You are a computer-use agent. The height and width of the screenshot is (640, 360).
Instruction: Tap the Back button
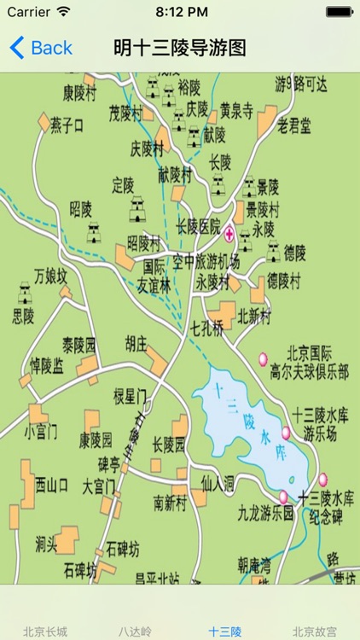tap(41, 48)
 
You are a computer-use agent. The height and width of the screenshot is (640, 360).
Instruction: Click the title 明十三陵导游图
tap(180, 48)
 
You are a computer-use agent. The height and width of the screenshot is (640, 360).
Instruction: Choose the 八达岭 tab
tap(135, 631)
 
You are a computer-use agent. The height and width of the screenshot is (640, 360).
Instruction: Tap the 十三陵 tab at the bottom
tap(224, 631)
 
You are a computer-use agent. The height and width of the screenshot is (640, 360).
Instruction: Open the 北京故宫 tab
tap(314, 631)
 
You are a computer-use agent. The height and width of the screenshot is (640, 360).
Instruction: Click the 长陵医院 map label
tap(198, 227)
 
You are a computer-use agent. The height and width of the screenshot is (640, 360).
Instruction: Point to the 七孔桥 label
tap(206, 327)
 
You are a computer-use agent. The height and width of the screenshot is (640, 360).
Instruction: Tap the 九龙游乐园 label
tap(265, 513)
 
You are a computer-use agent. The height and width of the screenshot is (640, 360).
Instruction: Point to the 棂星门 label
tap(131, 395)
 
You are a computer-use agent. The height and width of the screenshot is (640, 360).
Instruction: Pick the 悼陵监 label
tap(47, 365)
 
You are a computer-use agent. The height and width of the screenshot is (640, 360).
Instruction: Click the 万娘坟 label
tap(49, 275)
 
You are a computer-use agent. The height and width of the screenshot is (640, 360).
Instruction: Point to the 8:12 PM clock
tap(180, 13)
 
